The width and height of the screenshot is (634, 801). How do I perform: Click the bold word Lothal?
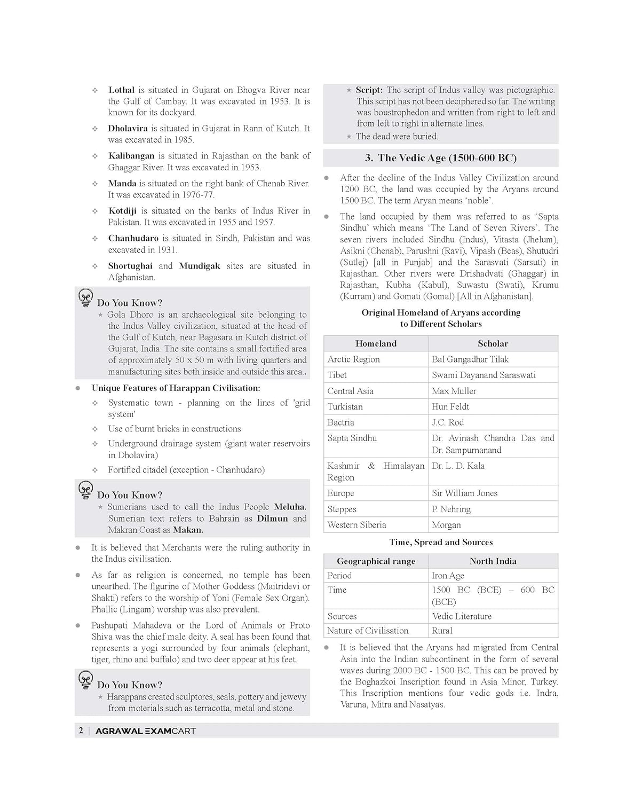pyautogui.click(x=121, y=90)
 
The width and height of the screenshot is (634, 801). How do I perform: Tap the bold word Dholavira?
pyautogui.click(x=128, y=128)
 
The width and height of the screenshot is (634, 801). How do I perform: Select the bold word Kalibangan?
pyautogui.click(x=131, y=155)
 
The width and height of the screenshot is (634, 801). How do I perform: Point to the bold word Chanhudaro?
pyautogui.click(x=133, y=238)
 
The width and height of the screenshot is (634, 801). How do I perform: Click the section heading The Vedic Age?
pyautogui.click(x=441, y=158)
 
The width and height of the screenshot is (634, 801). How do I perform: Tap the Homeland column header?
pyautogui.click(x=376, y=343)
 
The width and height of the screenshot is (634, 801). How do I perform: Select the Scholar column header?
pyautogui.click(x=493, y=343)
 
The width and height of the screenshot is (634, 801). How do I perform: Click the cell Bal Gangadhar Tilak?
pyautogui.click(x=470, y=359)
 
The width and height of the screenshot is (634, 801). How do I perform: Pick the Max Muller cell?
pyautogui.click(x=454, y=391)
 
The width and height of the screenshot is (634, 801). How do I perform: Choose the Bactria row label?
pyautogui.click(x=340, y=422)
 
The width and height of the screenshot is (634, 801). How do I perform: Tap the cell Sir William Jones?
pyautogui.click(x=464, y=493)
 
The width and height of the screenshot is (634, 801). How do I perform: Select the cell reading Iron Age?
pyautogui.click(x=448, y=576)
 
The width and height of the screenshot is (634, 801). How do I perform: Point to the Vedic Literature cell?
pyautogui.click(x=462, y=616)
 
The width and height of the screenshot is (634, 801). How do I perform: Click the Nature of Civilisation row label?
pyautogui.click(x=368, y=631)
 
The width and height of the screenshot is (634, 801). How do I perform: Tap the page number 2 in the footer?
pyautogui.click(x=81, y=731)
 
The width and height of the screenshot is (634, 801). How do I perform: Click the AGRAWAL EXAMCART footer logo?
pyautogui.click(x=145, y=731)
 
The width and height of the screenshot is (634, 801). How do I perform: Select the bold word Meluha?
pyautogui.click(x=290, y=507)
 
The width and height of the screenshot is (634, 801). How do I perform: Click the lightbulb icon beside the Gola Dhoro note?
pyautogui.click(x=85, y=297)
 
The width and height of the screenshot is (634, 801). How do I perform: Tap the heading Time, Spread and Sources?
pyautogui.click(x=441, y=542)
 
